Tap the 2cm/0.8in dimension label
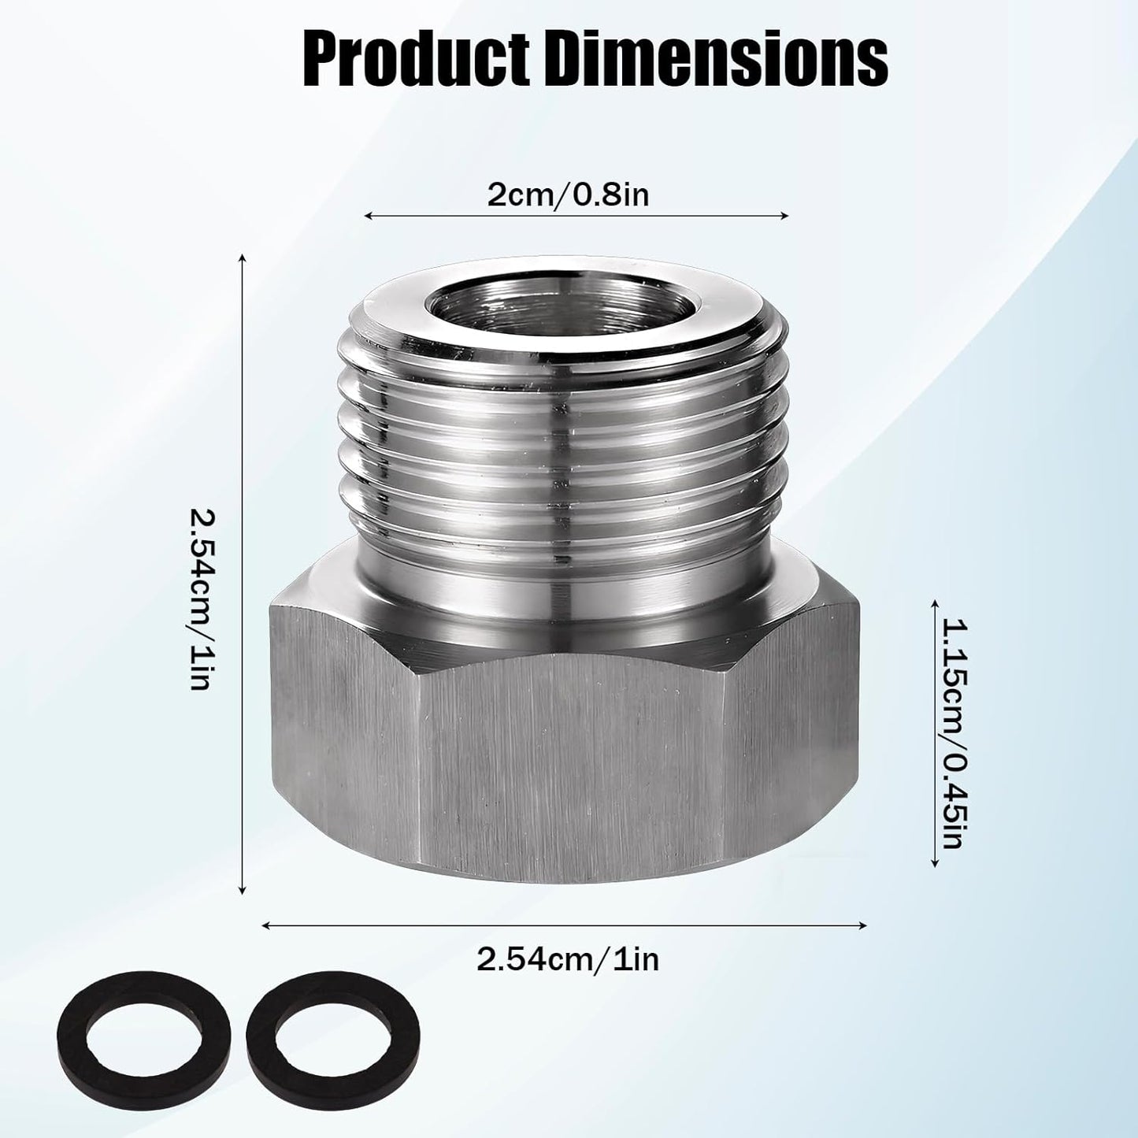[x=568, y=195]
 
